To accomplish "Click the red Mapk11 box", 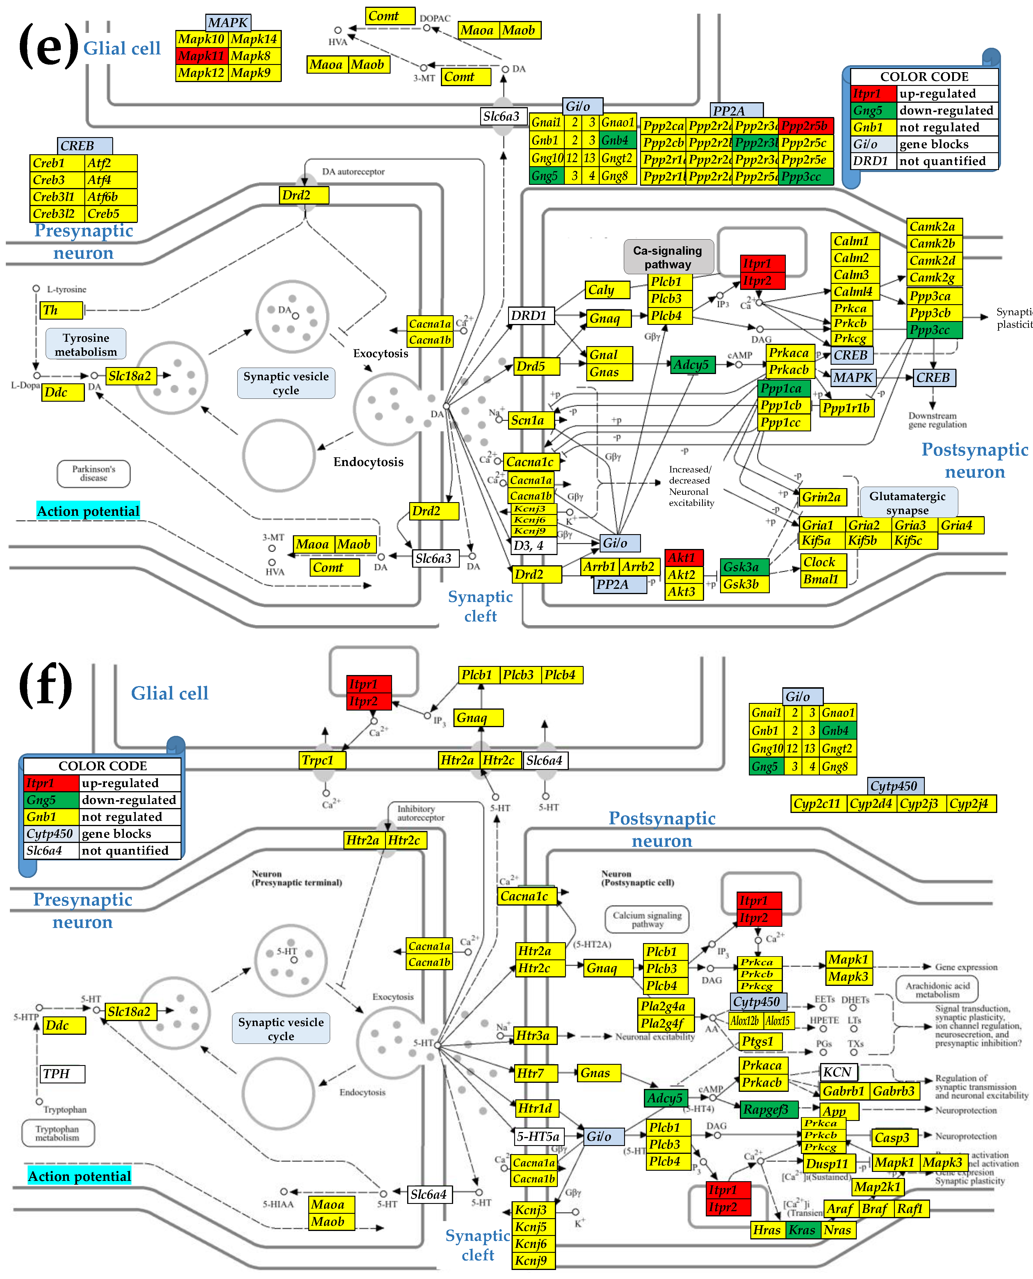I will point(202,56).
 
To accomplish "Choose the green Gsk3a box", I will point(744,567).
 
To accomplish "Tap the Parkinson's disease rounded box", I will point(93,473).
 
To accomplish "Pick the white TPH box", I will point(63,1073).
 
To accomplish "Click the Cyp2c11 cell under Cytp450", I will point(818,804).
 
